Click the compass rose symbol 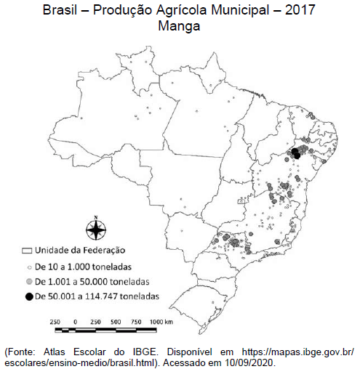[x=95, y=231]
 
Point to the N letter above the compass [x=95, y=217]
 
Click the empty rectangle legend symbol [x=29, y=251]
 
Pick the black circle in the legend [x=29, y=296]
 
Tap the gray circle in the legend [x=29, y=281]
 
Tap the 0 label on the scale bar [x=76, y=320]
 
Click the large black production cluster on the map [x=297, y=153]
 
